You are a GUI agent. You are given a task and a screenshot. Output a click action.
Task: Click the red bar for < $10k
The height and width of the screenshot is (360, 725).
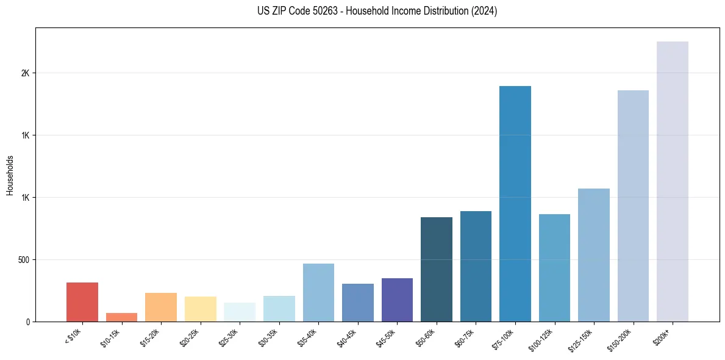click(x=82, y=302)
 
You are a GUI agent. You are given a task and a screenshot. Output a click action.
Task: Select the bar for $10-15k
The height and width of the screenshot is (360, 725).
click(x=121, y=317)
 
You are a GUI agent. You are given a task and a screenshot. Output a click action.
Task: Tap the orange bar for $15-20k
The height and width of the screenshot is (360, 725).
click(x=161, y=308)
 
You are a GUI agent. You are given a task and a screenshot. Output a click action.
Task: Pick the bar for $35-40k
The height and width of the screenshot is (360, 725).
click(x=318, y=293)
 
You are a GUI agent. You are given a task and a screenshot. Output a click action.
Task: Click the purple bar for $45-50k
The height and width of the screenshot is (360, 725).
click(x=397, y=300)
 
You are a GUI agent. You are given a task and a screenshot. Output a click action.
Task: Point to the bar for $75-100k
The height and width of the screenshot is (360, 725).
click(x=515, y=204)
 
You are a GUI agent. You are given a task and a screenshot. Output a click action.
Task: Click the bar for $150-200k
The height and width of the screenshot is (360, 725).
click(x=633, y=206)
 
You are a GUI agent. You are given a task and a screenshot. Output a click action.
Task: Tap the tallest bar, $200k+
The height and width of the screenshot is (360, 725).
click(x=673, y=182)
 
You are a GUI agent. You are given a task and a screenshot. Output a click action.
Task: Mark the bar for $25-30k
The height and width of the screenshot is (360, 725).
click(x=240, y=312)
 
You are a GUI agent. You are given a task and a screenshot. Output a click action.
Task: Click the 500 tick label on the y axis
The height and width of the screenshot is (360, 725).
click(x=24, y=260)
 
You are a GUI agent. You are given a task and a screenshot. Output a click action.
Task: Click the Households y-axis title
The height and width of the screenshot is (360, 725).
click(x=10, y=175)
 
